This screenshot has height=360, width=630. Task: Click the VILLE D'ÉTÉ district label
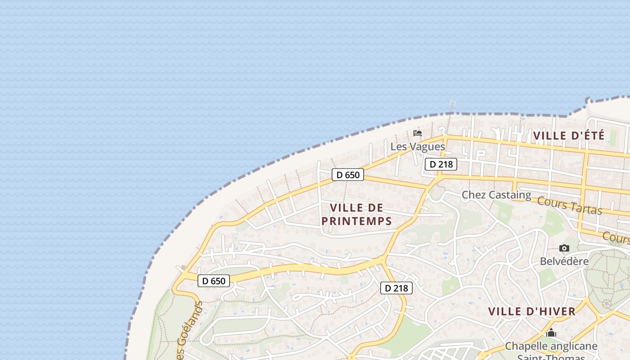(568, 135)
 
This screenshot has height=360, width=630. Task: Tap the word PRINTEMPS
(356, 221)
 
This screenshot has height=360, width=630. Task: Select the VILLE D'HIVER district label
(532, 311)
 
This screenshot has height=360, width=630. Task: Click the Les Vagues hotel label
(418, 146)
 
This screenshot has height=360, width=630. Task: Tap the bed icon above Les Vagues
(418, 133)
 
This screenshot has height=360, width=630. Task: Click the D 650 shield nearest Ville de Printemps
(347, 175)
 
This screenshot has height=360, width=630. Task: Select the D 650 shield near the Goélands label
(214, 281)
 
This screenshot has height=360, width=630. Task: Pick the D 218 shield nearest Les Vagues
(441, 164)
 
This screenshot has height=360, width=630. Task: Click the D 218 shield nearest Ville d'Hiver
(396, 288)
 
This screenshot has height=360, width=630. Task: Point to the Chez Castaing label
(496, 195)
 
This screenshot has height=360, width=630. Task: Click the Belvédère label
(564, 261)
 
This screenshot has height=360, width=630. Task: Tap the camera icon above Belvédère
(564, 248)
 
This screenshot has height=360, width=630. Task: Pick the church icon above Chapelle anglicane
(551, 333)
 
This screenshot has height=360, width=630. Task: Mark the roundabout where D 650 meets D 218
(382, 259)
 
